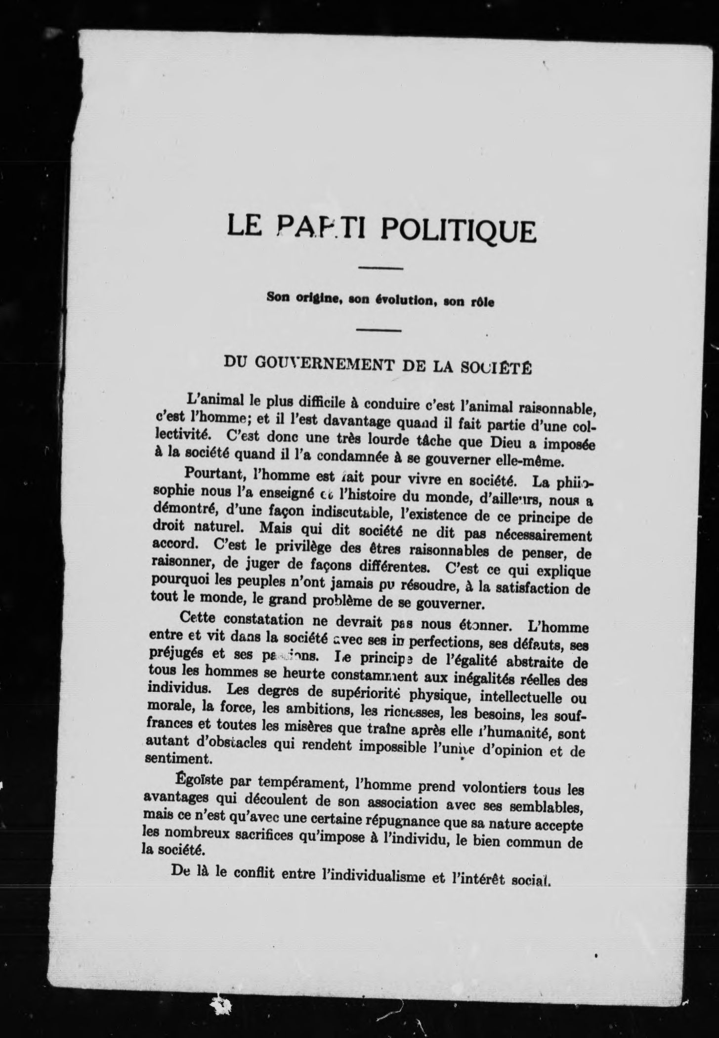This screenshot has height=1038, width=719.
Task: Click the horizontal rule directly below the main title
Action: tap(380, 269)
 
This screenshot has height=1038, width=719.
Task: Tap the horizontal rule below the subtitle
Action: tap(379, 330)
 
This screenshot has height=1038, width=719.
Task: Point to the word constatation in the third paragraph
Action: tap(256, 620)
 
